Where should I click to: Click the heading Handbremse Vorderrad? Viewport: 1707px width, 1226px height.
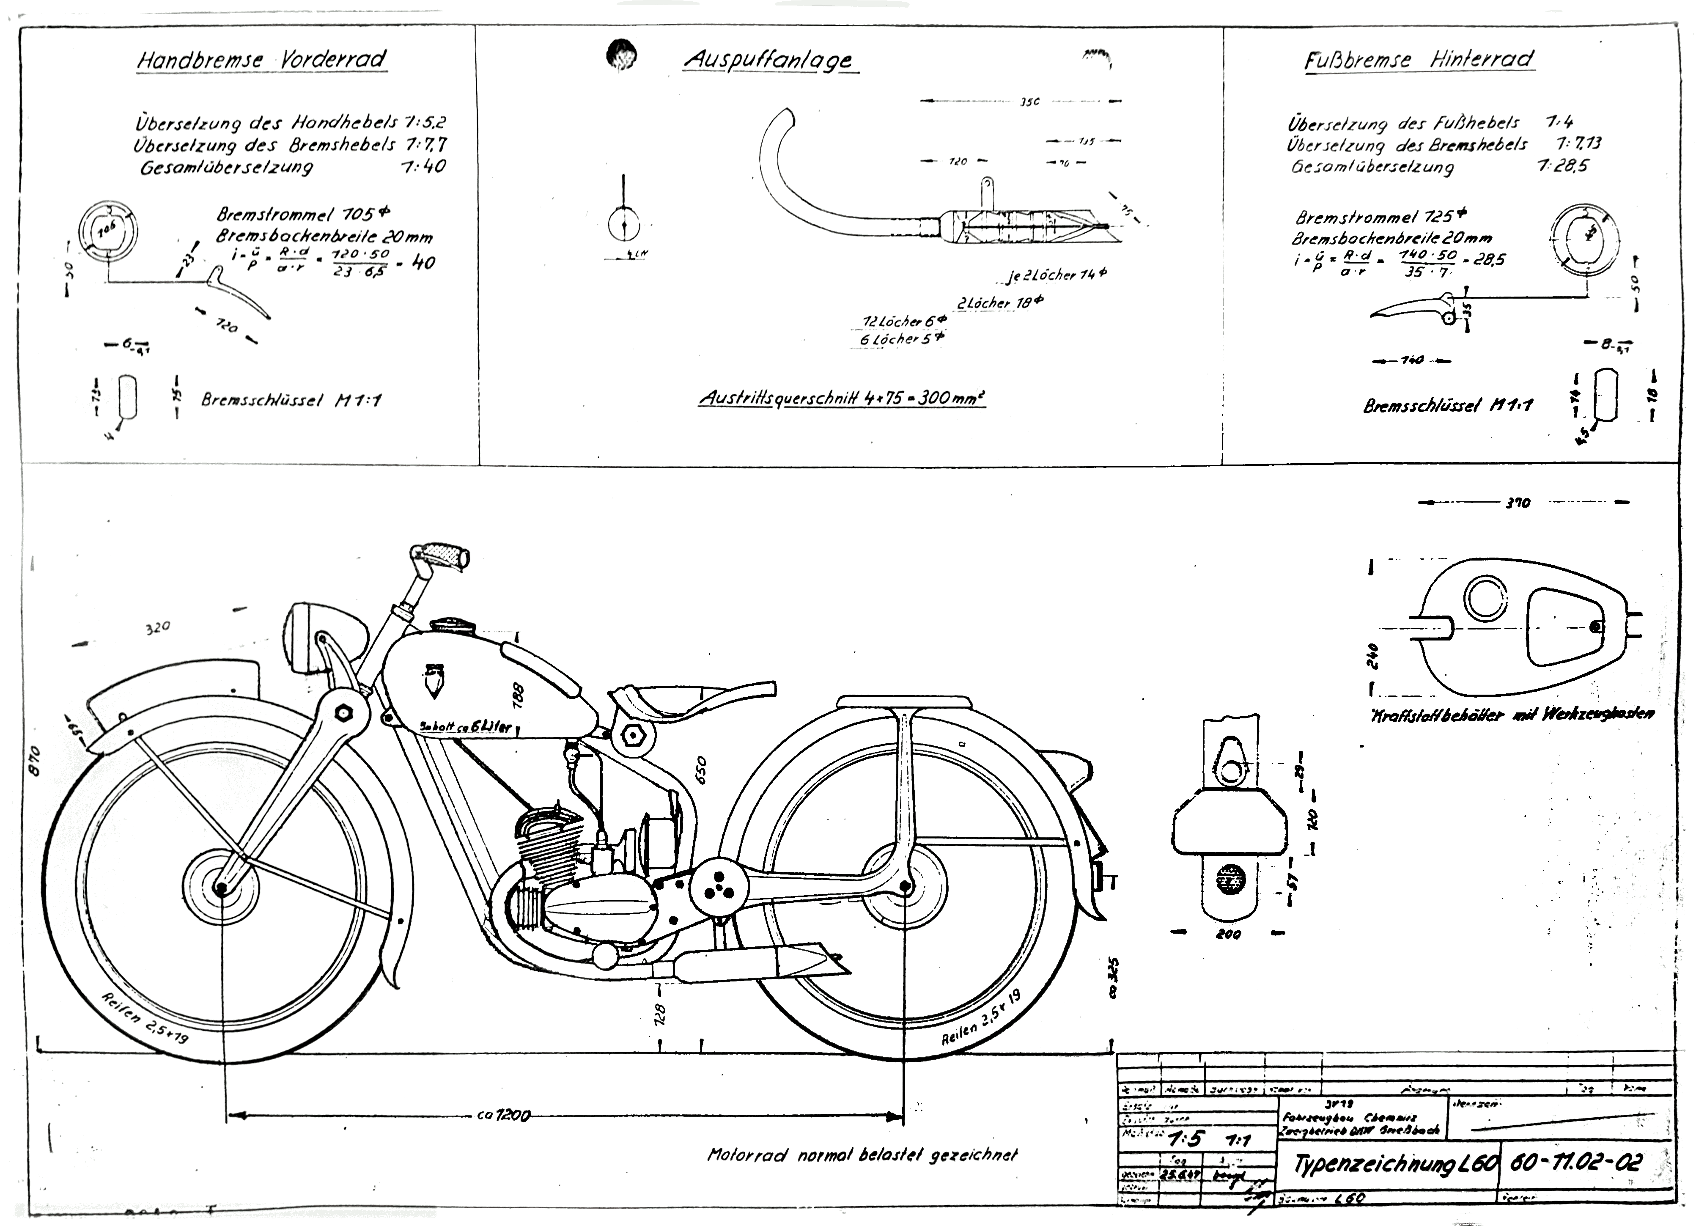click(x=261, y=60)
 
